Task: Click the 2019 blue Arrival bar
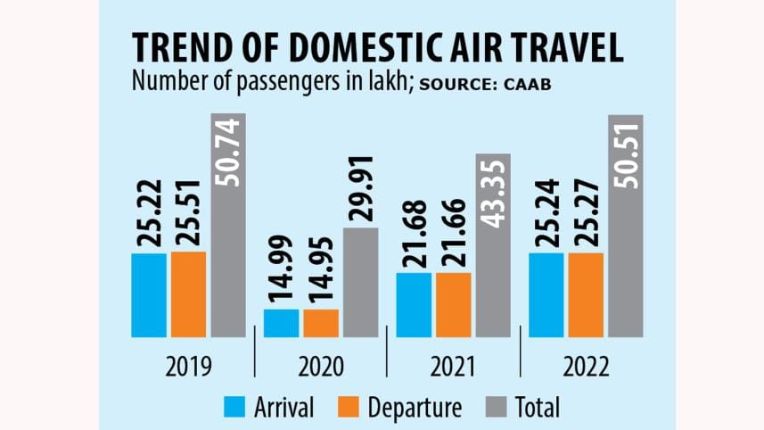148,295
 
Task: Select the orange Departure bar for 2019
188,294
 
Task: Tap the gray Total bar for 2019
227,226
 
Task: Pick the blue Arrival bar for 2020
281,323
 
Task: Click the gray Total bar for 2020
361,282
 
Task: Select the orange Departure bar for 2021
453,304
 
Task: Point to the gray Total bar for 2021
493,245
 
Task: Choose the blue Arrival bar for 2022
545,294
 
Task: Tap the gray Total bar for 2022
624,226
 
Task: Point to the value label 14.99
281,269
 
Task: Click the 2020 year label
320,366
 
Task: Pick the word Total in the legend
538,408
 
